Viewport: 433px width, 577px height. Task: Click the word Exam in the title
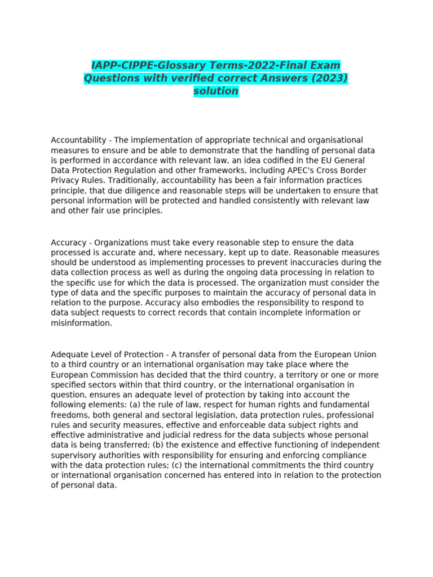pyautogui.click(x=323, y=66)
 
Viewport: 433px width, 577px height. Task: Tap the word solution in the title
pyautogui.click(x=216, y=91)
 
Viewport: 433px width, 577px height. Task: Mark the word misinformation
pyautogui.click(x=81, y=323)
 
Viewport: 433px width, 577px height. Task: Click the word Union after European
pyautogui.click(x=364, y=354)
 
